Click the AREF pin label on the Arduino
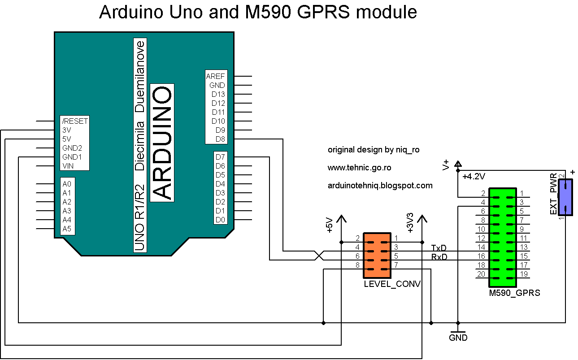point(216,76)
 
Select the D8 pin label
point(220,139)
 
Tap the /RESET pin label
point(75,121)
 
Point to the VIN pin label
point(68,166)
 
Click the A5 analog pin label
point(67,229)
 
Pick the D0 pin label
point(220,220)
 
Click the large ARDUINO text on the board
point(161,143)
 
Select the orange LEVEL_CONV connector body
point(377,256)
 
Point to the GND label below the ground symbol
point(458,338)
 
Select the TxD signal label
point(439,247)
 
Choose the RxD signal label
point(439,256)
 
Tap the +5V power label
point(329,225)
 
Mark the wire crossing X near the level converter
point(319,256)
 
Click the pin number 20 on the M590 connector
point(481,274)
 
